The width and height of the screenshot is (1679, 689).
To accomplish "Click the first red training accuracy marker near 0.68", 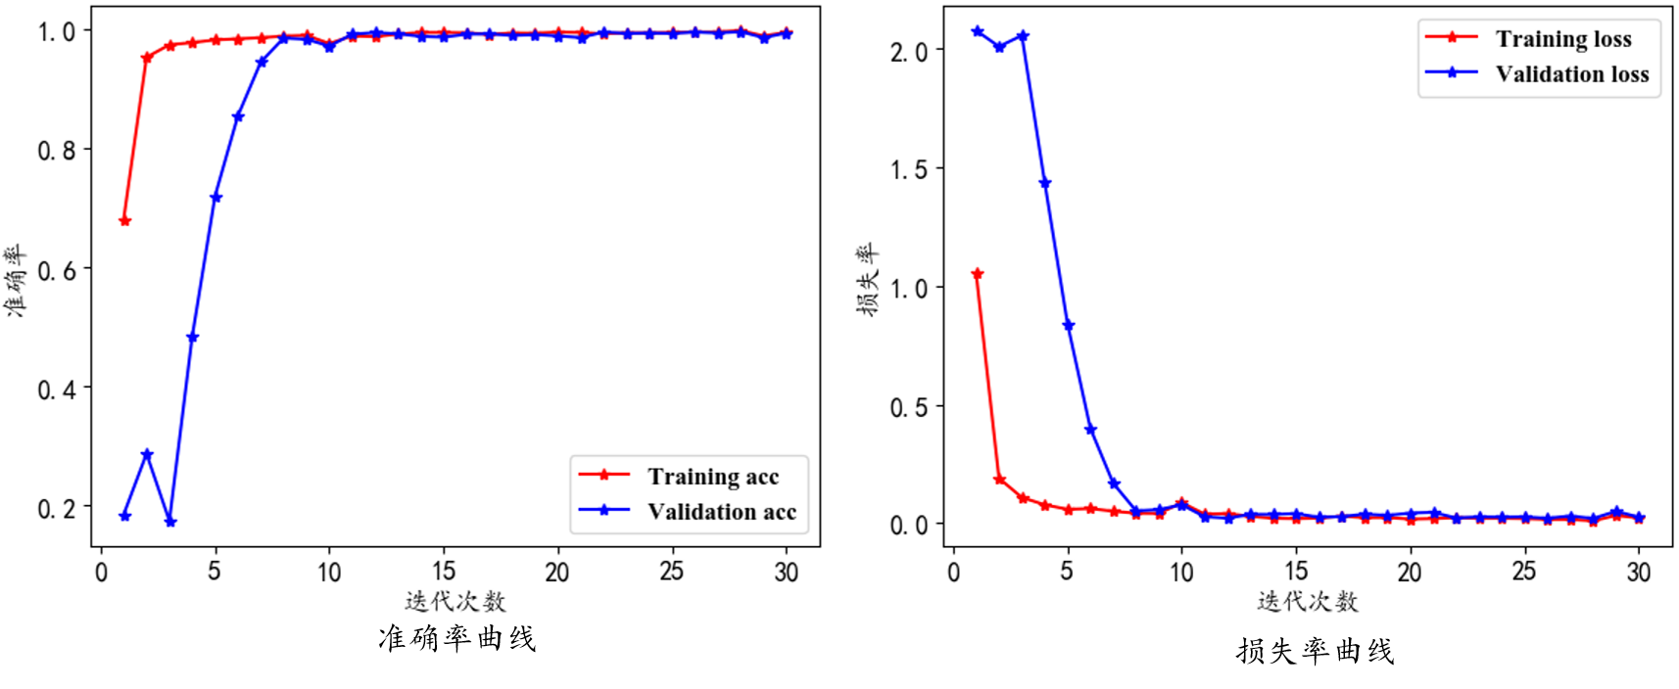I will (124, 221).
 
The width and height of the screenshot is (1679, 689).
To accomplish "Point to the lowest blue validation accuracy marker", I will (170, 522).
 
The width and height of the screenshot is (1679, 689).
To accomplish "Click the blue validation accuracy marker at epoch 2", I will (147, 455).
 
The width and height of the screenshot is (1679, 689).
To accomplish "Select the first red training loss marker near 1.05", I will (977, 274).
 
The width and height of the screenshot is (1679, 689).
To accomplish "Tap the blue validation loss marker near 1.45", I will (1045, 183).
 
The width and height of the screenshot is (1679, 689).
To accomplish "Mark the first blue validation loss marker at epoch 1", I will (977, 32).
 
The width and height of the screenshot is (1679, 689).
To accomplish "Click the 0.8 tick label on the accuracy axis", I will (56, 151).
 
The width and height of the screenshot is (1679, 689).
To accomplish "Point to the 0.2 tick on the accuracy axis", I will (56, 509).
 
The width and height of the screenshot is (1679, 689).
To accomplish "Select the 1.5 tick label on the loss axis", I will (908, 170).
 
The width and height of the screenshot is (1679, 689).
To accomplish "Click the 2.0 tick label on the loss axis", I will (908, 51).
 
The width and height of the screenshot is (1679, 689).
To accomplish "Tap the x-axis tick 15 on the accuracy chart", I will (444, 572).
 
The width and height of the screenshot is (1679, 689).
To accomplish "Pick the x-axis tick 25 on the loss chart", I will (1524, 572).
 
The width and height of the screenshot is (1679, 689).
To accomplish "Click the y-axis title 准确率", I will (15, 280).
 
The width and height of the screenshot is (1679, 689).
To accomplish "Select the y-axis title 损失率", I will (868, 280).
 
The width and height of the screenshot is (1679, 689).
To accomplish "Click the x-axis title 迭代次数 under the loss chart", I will (1308, 601).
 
